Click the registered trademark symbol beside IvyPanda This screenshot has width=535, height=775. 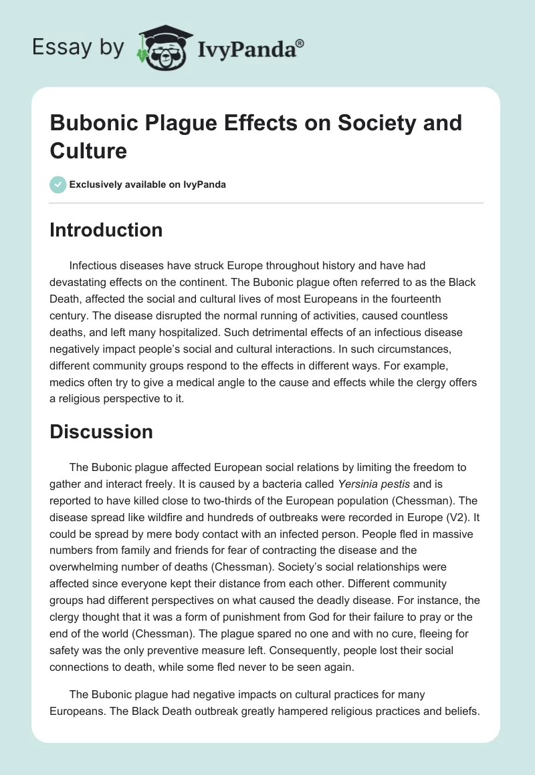coord(300,44)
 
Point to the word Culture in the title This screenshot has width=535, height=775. coord(88,150)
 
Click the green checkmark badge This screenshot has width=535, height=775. coord(58,184)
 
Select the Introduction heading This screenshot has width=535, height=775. coord(106,230)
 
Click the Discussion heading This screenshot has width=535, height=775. coord(101,432)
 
